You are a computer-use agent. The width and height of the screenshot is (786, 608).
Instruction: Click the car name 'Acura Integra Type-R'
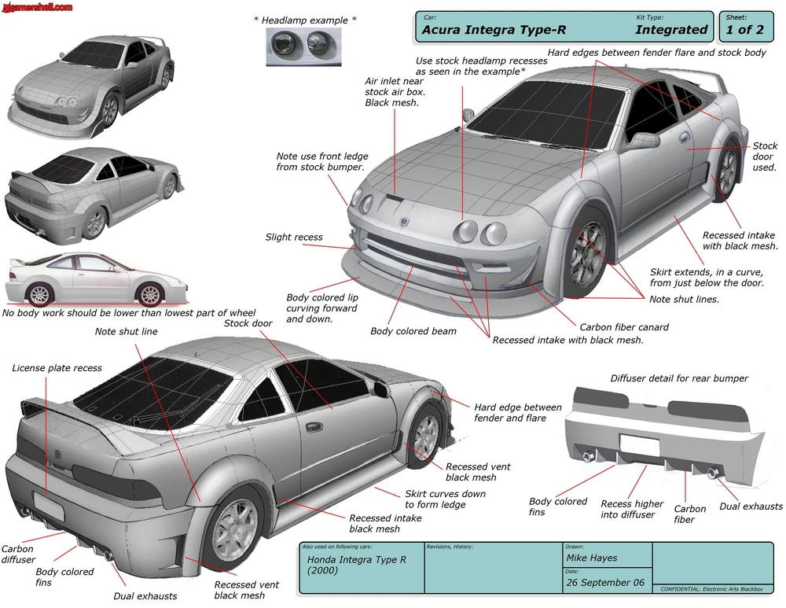[x=494, y=30]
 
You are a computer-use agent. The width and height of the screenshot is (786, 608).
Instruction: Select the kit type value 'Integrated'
[x=671, y=30]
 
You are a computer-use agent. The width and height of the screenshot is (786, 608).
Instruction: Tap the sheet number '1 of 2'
[x=744, y=30]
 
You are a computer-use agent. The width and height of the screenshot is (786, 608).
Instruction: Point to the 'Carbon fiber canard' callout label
[x=624, y=327]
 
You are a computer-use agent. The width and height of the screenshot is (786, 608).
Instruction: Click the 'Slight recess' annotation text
[x=294, y=237]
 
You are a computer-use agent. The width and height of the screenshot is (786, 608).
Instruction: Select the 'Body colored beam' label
[x=413, y=331]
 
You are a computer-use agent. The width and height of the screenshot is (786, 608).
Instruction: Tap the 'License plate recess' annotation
[x=57, y=368]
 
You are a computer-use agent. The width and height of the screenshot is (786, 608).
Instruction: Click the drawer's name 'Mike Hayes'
[x=592, y=558]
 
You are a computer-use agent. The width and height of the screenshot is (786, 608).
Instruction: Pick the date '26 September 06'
[x=605, y=583]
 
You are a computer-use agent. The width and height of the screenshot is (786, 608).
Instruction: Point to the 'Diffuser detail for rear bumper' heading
[x=679, y=378]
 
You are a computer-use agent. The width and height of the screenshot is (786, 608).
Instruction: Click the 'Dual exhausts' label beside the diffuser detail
[x=751, y=507]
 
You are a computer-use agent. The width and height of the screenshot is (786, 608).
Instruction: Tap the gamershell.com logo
[x=38, y=7]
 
